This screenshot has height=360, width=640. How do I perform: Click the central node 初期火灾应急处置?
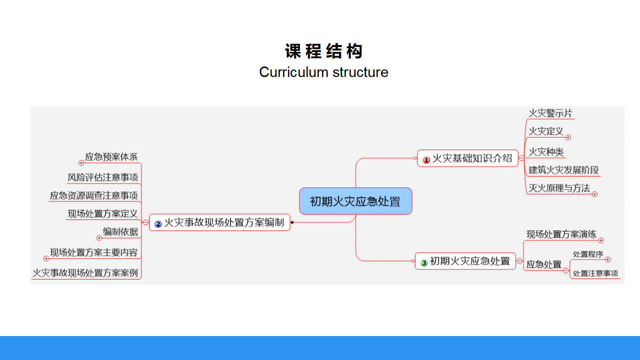(x=355, y=201)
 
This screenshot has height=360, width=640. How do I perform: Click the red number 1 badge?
(x=426, y=159)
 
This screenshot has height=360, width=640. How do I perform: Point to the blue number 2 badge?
(x=158, y=224)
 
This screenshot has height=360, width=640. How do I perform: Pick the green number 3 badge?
(x=424, y=262)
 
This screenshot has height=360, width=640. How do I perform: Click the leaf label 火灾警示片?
(x=550, y=113)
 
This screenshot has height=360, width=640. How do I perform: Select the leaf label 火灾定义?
(x=546, y=131)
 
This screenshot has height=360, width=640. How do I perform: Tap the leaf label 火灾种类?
(x=546, y=151)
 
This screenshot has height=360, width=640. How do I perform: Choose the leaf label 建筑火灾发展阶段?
(x=563, y=170)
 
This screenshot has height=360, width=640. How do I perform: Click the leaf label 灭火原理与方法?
(x=559, y=188)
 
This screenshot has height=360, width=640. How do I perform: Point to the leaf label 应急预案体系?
(x=111, y=156)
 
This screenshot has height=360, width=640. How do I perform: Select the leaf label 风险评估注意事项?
(x=103, y=177)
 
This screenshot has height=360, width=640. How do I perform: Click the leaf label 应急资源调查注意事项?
(x=94, y=195)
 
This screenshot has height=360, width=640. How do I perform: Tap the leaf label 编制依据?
(x=120, y=231)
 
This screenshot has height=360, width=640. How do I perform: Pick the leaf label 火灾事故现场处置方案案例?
(x=85, y=273)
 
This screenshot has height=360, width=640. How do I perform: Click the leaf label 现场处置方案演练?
(x=561, y=234)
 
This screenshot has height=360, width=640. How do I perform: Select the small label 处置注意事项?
(x=595, y=273)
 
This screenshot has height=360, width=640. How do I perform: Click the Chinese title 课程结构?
(x=323, y=51)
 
